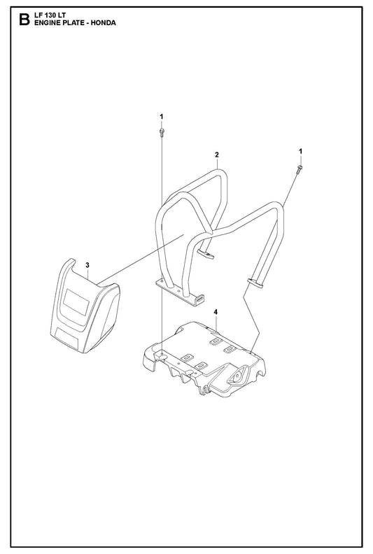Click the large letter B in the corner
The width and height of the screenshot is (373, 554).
(x=24, y=20)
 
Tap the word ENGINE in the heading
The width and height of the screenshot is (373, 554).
(x=45, y=23)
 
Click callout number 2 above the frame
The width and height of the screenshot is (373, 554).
(x=217, y=155)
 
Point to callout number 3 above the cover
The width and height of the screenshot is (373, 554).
(x=87, y=264)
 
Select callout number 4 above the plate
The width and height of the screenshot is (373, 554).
(x=216, y=312)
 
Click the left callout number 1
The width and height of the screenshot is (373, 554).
(x=162, y=116)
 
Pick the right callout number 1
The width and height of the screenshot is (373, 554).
(x=300, y=151)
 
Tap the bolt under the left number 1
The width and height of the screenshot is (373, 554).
(x=162, y=132)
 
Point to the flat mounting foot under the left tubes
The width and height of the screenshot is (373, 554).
(x=181, y=292)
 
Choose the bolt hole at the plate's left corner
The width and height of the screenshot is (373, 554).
(x=162, y=354)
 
